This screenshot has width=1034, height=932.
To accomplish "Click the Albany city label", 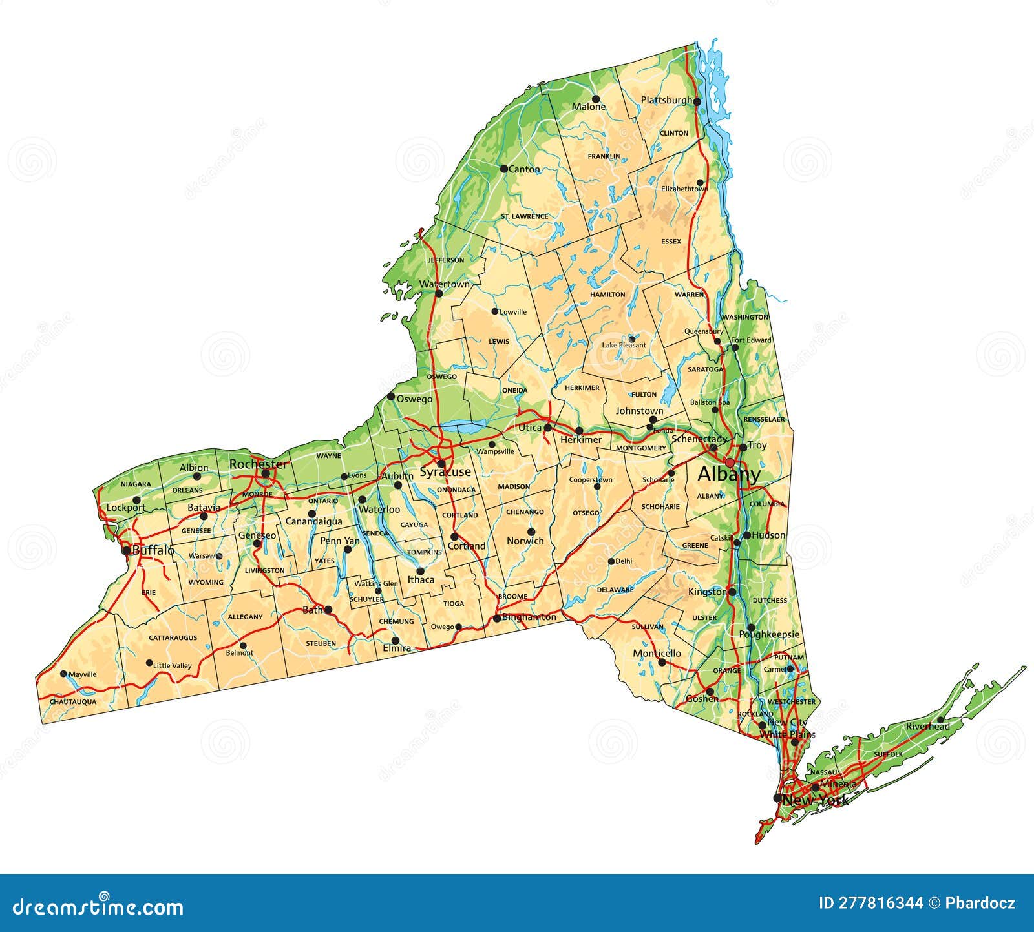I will (728, 475).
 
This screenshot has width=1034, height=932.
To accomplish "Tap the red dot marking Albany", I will (730, 462).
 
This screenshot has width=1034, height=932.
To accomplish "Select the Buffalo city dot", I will (126, 551).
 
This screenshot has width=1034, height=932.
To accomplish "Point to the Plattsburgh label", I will (666, 100).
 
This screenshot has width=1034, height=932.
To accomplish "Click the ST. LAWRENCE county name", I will (524, 216).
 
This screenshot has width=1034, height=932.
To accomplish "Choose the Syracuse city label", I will (445, 472).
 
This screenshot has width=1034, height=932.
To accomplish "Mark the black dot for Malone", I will (596, 99).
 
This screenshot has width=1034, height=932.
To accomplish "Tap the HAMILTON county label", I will (607, 295).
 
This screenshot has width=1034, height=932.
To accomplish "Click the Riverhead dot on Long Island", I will (940, 720).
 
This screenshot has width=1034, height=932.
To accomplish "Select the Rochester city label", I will (258, 464).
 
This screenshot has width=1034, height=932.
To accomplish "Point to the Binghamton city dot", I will (496, 618).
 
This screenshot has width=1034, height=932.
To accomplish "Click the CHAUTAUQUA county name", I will (73, 701).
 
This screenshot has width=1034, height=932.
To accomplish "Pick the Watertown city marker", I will (439, 293).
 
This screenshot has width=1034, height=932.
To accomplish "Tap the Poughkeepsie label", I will (769, 635).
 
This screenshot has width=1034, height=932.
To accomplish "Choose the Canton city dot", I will (504, 169).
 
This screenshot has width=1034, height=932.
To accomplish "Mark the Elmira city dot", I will (395, 641).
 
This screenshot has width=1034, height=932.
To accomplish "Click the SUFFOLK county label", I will (888, 754).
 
